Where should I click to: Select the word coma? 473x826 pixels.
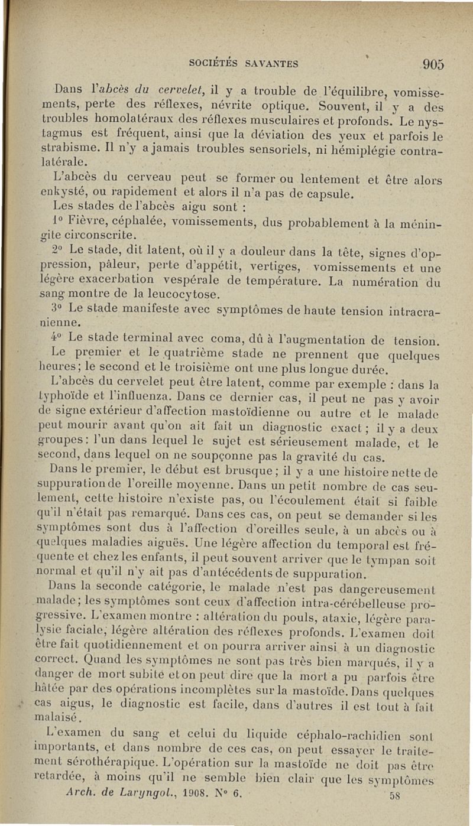pyautogui.click(x=221, y=340)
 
